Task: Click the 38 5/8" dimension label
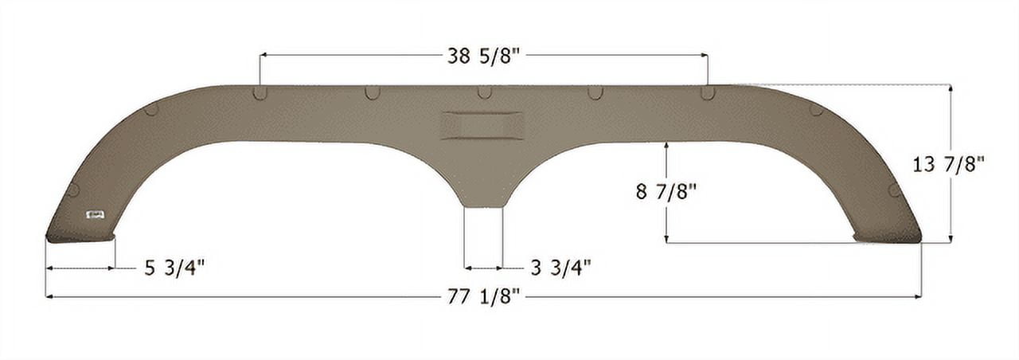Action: (x=484, y=56)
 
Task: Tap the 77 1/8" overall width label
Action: (x=483, y=297)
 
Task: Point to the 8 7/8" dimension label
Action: (x=666, y=192)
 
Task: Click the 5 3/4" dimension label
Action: (x=174, y=268)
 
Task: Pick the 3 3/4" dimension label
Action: (x=560, y=268)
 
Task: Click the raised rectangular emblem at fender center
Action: (x=482, y=126)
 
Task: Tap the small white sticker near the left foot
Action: (x=96, y=214)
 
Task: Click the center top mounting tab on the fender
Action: (x=484, y=92)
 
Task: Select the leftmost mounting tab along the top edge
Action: (x=260, y=92)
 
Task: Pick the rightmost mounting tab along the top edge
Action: (x=707, y=92)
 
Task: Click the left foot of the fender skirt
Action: (x=80, y=236)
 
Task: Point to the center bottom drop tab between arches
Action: (x=483, y=195)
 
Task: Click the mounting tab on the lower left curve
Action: (x=73, y=190)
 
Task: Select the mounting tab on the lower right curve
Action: (x=894, y=190)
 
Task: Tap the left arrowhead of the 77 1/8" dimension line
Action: (x=49, y=297)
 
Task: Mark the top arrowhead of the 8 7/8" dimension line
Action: (x=666, y=146)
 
